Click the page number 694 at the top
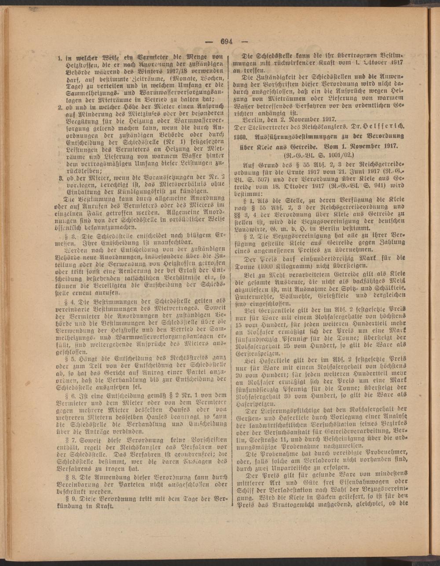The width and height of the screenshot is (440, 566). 227,41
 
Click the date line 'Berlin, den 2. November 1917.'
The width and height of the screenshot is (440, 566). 286,119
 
